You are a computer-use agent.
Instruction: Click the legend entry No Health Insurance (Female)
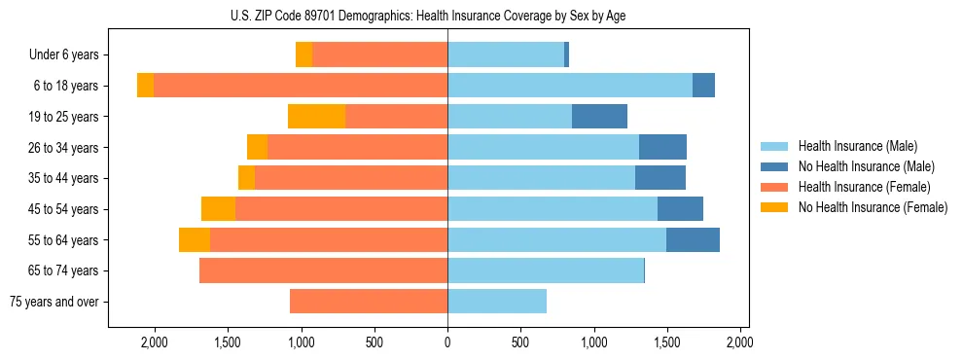(x=873, y=206)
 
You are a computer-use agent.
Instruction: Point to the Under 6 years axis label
(x=64, y=55)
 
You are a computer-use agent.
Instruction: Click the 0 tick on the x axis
(x=447, y=342)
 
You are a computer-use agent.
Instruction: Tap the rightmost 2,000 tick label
(x=739, y=342)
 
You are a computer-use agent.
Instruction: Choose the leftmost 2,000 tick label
(x=155, y=342)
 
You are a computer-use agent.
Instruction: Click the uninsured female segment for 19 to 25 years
(x=317, y=117)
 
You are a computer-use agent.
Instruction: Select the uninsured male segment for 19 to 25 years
(x=599, y=117)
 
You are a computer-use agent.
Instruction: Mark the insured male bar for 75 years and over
(x=497, y=302)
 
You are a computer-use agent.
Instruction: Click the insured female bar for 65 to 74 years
(x=323, y=270)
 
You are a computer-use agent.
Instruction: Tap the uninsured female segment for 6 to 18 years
(x=145, y=86)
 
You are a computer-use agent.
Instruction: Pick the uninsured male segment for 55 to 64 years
(x=693, y=240)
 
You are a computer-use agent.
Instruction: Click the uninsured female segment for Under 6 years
(x=303, y=55)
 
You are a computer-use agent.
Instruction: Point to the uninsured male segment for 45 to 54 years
(x=680, y=209)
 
